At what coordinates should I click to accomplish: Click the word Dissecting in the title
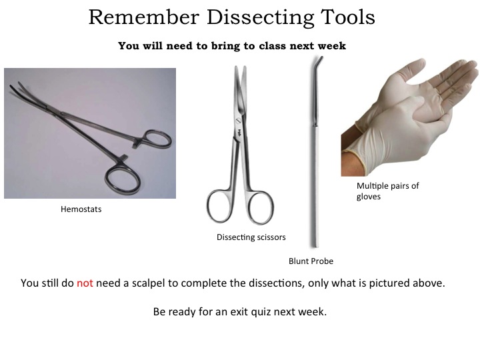coord(260,17)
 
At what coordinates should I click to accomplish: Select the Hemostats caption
coord(81,209)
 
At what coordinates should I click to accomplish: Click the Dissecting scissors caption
coord(251,237)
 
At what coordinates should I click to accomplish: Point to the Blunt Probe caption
coord(311,261)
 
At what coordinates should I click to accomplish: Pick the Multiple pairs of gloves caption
coord(387,191)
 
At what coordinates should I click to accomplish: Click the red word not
coord(85,283)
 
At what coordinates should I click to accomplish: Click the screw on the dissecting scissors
coord(238,121)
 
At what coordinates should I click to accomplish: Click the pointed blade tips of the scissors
coord(240,68)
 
